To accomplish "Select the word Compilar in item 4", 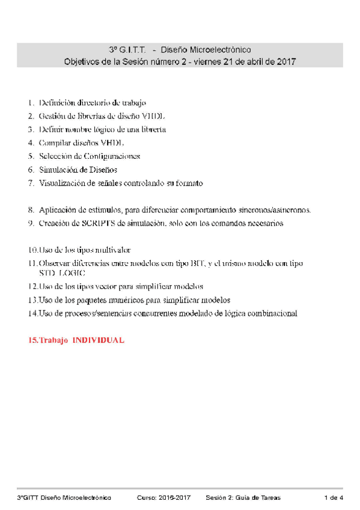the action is [55, 143].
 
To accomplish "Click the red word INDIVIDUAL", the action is [99, 340].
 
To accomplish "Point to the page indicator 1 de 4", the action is [334, 497].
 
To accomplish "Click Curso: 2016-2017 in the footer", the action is [164, 497].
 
